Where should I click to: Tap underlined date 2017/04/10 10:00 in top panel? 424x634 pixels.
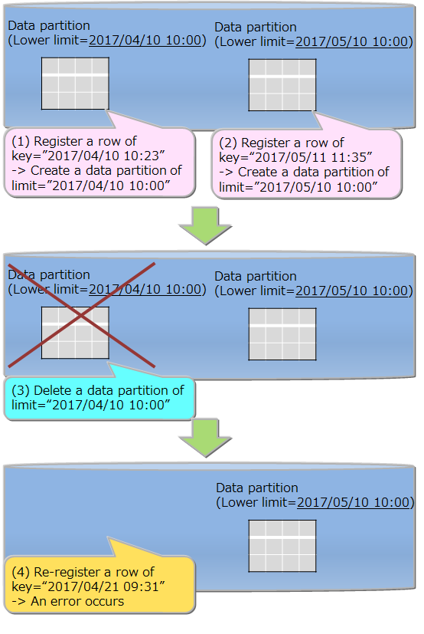pos(147,40)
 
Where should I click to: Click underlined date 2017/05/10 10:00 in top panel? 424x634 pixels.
pos(354,41)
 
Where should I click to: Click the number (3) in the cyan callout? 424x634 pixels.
pos(21,390)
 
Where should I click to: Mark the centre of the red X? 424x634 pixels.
pos(81,315)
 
